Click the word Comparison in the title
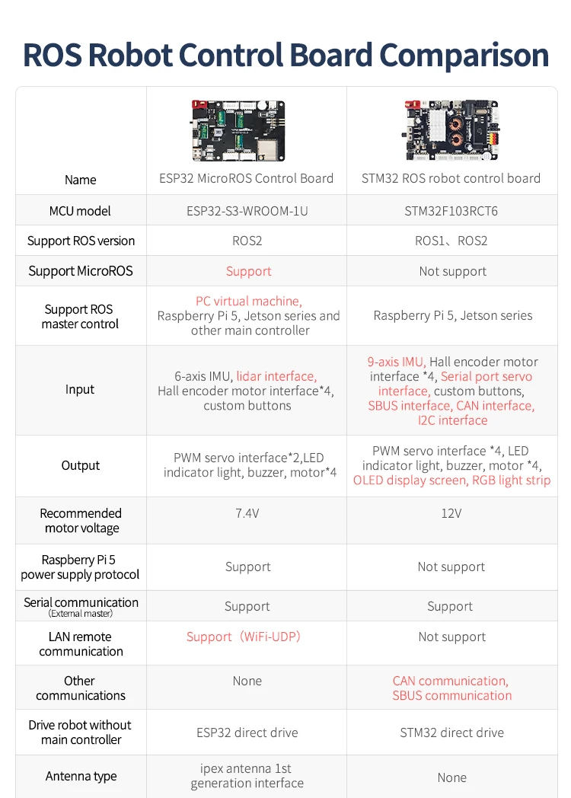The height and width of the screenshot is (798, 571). (x=464, y=56)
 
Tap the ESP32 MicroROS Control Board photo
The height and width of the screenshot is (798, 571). (x=238, y=130)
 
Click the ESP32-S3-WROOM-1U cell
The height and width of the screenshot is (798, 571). (x=247, y=211)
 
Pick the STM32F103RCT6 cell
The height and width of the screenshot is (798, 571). (x=451, y=211)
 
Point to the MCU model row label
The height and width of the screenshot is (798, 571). (x=80, y=211)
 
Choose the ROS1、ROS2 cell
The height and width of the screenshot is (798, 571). (x=451, y=241)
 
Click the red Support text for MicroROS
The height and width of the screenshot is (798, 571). (x=248, y=271)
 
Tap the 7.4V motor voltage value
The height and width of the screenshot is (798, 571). (x=247, y=513)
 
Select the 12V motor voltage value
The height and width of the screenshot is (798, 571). (x=451, y=513)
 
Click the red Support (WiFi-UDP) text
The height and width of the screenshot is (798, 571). (x=244, y=637)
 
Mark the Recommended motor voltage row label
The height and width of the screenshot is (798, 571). (x=81, y=521)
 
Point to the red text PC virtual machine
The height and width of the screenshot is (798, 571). (x=248, y=301)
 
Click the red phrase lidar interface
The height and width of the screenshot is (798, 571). (x=276, y=376)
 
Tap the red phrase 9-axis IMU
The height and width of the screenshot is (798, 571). (x=396, y=362)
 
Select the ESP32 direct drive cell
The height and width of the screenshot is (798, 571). (x=247, y=733)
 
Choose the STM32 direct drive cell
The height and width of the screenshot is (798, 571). (x=451, y=733)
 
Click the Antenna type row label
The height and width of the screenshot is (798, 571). (x=81, y=776)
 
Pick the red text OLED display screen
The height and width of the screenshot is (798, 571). (x=410, y=480)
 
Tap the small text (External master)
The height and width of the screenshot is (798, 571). (x=80, y=614)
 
